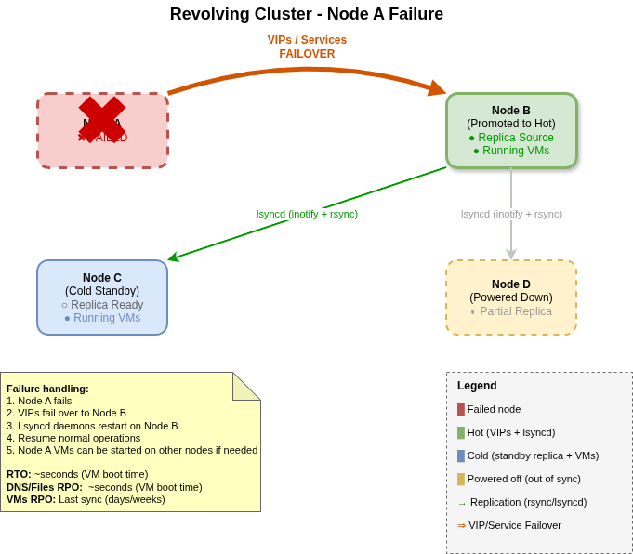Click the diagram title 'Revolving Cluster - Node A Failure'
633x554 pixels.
[x=306, y=14]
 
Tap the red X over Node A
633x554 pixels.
[x=102, y=120]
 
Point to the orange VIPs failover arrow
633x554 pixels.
[x=307, y=71]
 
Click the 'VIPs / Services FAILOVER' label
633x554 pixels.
[x=307, y=46]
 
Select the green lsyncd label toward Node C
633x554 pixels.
[x=307, y=214]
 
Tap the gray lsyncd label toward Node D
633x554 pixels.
[x=511, y=214]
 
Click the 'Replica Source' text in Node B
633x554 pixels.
[x=515, y=138]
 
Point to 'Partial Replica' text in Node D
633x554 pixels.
[x=515, y=311]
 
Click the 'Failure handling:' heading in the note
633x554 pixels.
[x=47, y=389]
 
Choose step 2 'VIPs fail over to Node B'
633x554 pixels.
[x=66, y=413]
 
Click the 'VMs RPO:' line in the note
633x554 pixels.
[x=86, y=499]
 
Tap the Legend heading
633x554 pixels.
[x=477, y=386]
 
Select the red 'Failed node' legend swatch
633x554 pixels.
[x=461, y=409]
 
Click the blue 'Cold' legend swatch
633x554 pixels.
[x=461, y=455]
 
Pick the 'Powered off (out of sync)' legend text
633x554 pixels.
[x=523, y=479]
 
